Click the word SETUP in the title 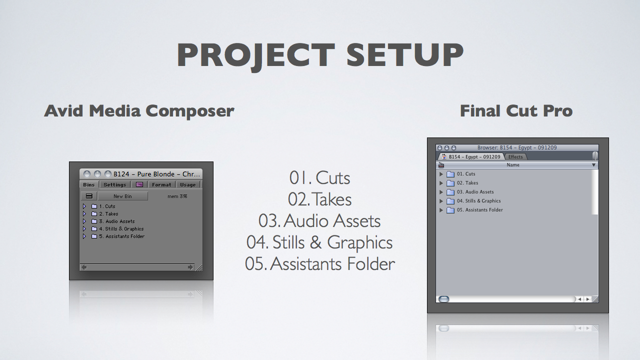coord(404,54)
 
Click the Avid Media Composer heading coord(139,111)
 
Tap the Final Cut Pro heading coord(516,111)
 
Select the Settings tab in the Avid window coord(115,184)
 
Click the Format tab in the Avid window coord(161,184)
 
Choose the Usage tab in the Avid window coord(187,184)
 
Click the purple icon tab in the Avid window coord(139,184)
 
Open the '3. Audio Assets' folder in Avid coord(116,221)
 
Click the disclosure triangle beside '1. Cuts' coord(84,206)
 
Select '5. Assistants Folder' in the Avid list coord(121,236)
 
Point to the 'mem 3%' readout coord(177,196)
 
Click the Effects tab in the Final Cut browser coord(515,156)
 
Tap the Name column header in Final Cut coord(513,165)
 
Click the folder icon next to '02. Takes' coord(450,183)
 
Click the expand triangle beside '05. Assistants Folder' coord(441,210)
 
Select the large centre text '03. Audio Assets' coord(319,221)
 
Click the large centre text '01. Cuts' coord(319,178)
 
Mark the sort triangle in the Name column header coord(593,165)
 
